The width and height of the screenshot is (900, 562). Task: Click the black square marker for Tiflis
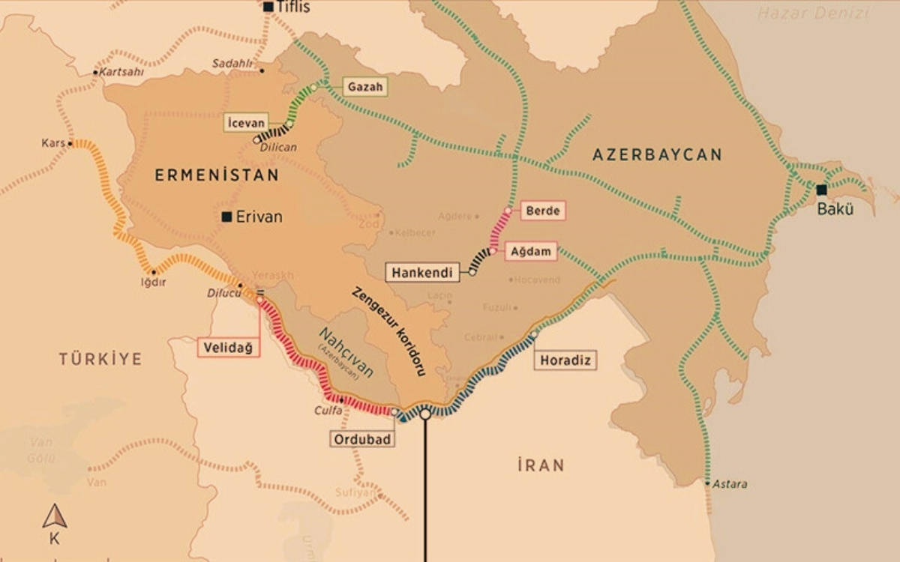tap(268, 7)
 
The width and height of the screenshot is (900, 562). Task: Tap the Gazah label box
tap(365, 87)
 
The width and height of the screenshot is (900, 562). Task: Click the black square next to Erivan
tap(226, 217)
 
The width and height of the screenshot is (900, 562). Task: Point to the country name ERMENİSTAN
tap(217, 175)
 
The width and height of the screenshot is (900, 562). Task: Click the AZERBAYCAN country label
tap(657, 155)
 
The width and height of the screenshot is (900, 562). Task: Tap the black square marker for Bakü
tap(822, 190)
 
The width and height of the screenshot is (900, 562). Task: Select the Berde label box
tap(542, 211)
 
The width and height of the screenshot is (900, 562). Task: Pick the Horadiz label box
tap(566, 361)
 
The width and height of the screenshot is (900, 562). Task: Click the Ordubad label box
tap(362, 439)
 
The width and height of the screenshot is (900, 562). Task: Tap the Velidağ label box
tap(229, 347)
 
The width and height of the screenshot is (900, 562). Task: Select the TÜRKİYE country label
tap(100, 359)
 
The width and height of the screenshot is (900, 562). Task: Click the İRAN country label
tap(540, 465)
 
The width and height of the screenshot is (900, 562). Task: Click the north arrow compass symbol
tap(54, 516)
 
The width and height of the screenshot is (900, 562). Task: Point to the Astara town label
tap(730, 484)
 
